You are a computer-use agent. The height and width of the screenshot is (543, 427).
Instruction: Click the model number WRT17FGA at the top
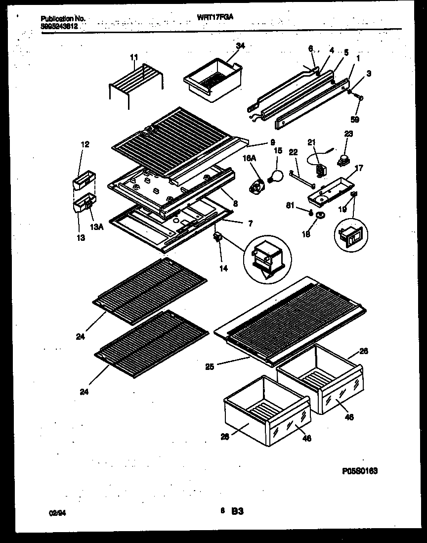(215, 16)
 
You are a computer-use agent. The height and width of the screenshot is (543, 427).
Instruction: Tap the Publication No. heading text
(63, 18)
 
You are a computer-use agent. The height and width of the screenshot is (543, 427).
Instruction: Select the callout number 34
(240, 46)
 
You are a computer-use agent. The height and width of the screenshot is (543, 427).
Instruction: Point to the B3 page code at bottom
(237, 512)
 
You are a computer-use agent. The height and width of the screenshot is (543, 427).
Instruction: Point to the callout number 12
(85, 144)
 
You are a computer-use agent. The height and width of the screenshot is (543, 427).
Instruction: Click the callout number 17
(359, 168)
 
